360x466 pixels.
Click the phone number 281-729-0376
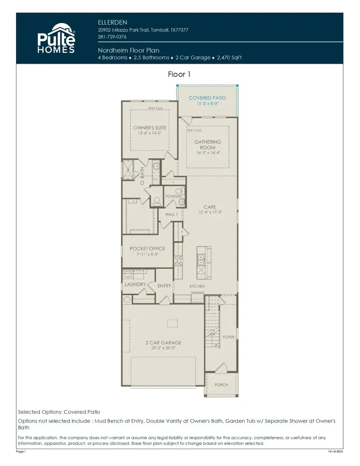[x=112, y=37]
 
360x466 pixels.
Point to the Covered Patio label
[x=207, y=98]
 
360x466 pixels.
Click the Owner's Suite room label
[x=150, y=128]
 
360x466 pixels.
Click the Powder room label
[x=174, y=196]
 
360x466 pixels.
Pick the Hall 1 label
[x=171, y=214]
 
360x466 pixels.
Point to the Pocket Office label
[x=147, y=249]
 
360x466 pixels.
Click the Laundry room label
[x=134, y=285]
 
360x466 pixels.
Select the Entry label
[x=164, y=286]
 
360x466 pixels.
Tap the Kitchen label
[x=197, y=286]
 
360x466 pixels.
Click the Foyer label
[x=228, y=337]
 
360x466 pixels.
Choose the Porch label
[x=221, y=385]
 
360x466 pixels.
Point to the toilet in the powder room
[x=157, y=200]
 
